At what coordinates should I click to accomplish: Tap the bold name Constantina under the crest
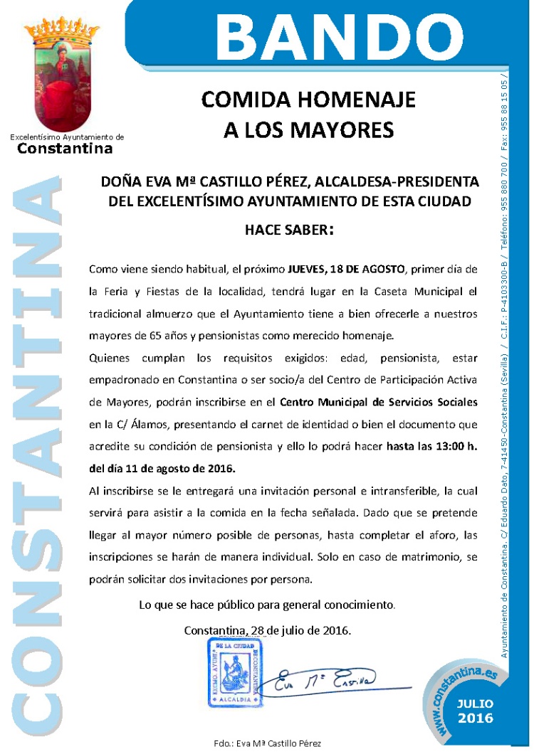point(65,149)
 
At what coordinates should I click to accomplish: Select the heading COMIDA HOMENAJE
point(308,99)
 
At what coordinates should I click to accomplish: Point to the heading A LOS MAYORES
point(308,129)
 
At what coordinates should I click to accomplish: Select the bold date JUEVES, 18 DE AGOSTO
point(345,270)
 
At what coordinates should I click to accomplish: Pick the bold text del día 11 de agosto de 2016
point(162,469)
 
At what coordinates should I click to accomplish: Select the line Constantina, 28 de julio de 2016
point(267,630)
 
